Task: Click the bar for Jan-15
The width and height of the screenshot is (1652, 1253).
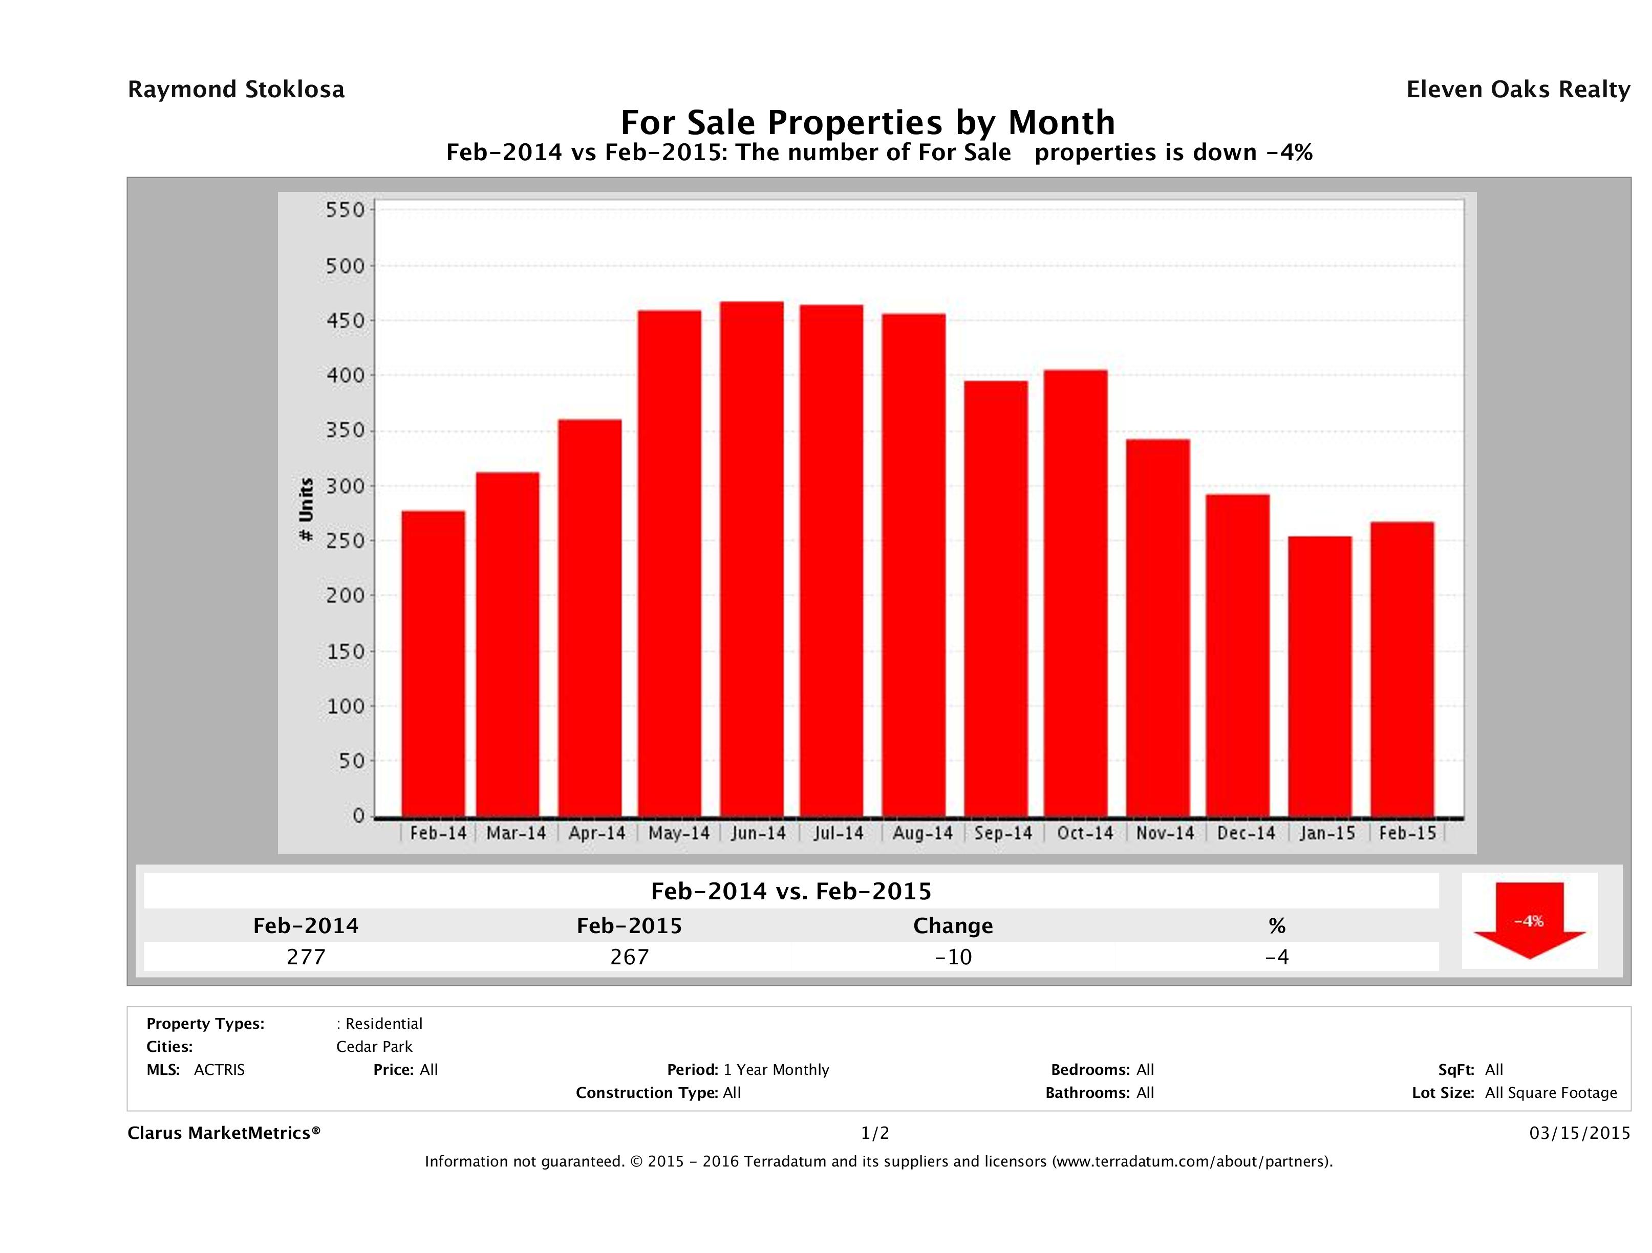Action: coord(1320,676)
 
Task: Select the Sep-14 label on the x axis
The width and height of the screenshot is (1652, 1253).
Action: coord(1003,833)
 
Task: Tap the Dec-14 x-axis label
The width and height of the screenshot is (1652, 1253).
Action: coord(1246,833)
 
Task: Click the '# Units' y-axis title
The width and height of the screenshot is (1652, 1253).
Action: coord(306,509)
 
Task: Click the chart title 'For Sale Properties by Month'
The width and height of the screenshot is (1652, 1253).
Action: coord(868,122)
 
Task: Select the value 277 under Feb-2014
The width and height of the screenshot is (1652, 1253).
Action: coord(306,957)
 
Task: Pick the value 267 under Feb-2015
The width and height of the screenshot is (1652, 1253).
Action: coord(630,957)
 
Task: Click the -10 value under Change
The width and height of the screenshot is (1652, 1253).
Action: coord(953,957)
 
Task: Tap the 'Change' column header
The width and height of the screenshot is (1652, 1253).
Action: coord(953,926)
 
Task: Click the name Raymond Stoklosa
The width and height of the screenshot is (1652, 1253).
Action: coord(236,90)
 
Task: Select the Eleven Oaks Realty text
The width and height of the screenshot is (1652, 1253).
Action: coord(1517,90)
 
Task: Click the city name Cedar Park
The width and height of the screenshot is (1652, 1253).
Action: coord(374,1046)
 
